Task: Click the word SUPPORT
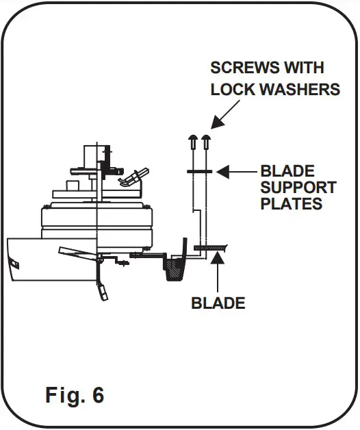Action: [x=298, y=187]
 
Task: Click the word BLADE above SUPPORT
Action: [x=287, y=171]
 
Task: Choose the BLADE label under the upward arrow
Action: [x=218, y=302]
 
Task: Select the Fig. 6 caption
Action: [x=75, y=394]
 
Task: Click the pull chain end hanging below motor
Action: [x=103, y=293]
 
